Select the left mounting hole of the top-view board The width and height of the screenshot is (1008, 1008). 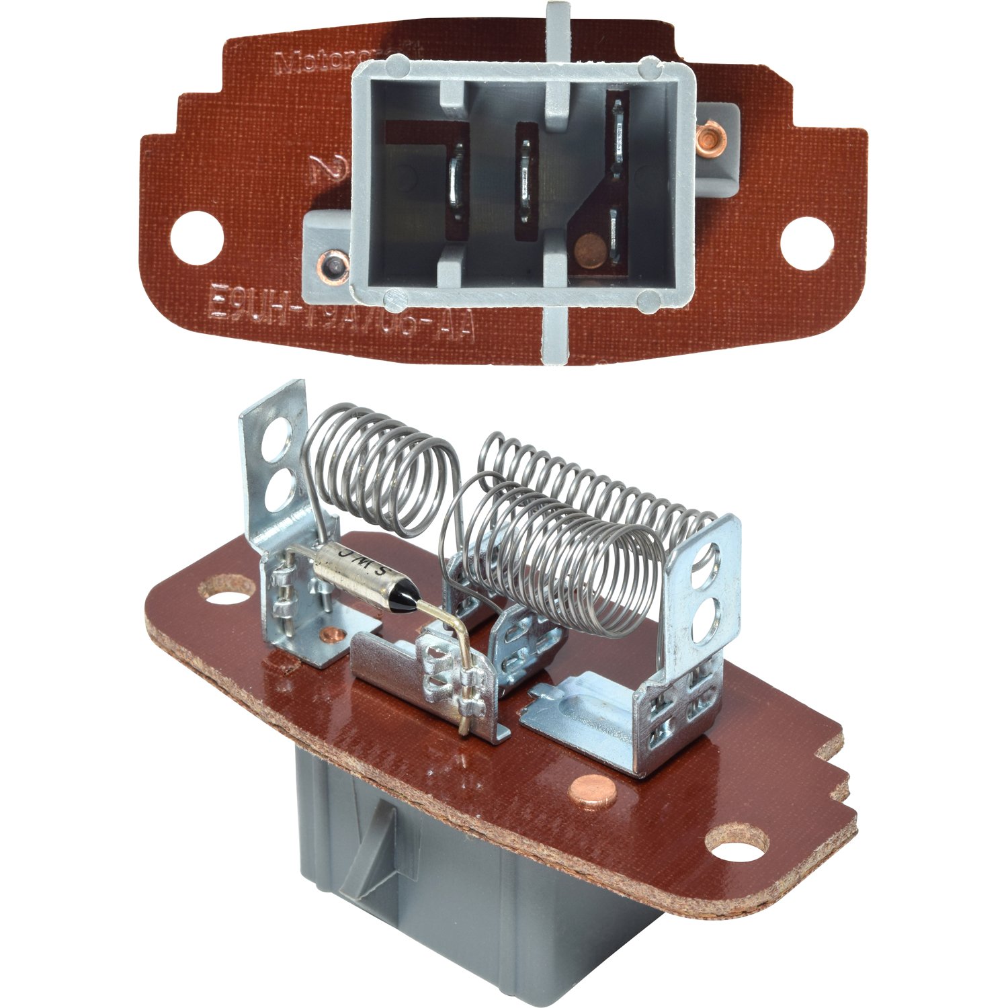[x=196, y=238]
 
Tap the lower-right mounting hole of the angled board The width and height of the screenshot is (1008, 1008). [x=739, y=846]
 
